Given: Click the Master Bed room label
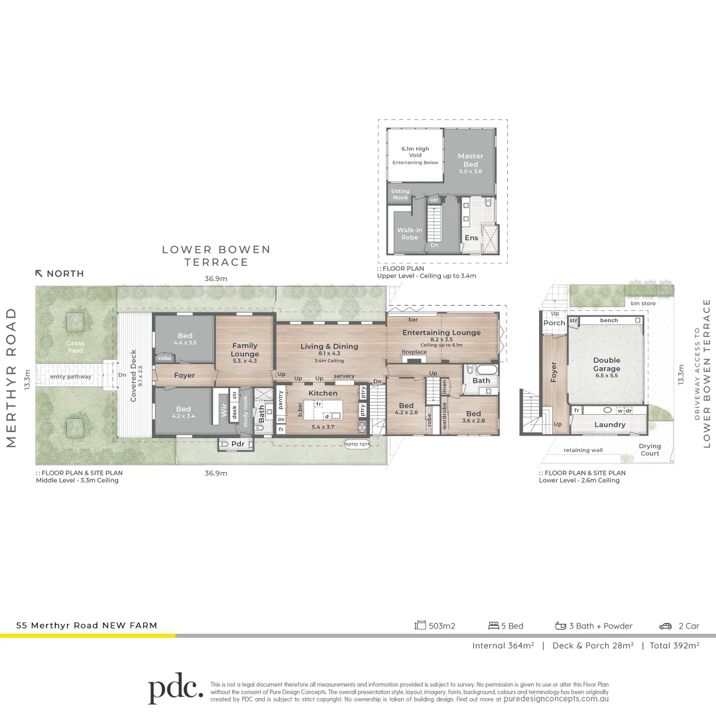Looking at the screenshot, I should pos(470,160).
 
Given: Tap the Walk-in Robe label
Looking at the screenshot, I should pos(410,233).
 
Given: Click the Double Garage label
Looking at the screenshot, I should pos(607,365).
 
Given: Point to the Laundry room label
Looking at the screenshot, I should pos(609,424).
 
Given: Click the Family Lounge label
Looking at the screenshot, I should pos(245,349).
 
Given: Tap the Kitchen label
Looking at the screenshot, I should pos(323,393).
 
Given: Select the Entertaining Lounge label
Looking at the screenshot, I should pos(442,332).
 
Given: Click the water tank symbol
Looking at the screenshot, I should pos(357,444).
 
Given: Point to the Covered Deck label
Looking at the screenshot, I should pos(133,376).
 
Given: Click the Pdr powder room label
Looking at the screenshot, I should pos(238,444).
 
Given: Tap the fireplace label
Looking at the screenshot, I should pos(414,352).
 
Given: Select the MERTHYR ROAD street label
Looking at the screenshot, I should pos(11,377).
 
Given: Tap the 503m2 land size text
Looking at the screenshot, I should pos(442,626).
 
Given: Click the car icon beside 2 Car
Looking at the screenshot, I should pos(665,626).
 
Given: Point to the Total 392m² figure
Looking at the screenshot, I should pos(674,645).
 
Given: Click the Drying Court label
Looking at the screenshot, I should pos(650,449).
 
